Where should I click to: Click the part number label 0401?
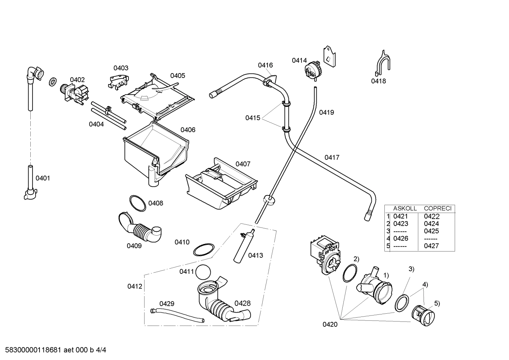(x=43, y=178)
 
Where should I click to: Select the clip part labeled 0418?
(x=383, y=63)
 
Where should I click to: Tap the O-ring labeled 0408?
(x=137, y=203)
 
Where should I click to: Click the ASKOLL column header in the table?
(x=405, y=208)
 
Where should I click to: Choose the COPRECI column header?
(x=437, y=208)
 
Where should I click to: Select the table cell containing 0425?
(x=431, y=231)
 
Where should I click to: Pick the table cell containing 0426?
(x=401, y=238)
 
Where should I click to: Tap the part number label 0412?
(x=134, y=286)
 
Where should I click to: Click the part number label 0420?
(x=330, y=324)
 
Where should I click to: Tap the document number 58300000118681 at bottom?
(x=32, y=350)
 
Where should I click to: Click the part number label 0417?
(x=332, y=157)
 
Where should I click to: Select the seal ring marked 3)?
(x=402, y=302)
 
